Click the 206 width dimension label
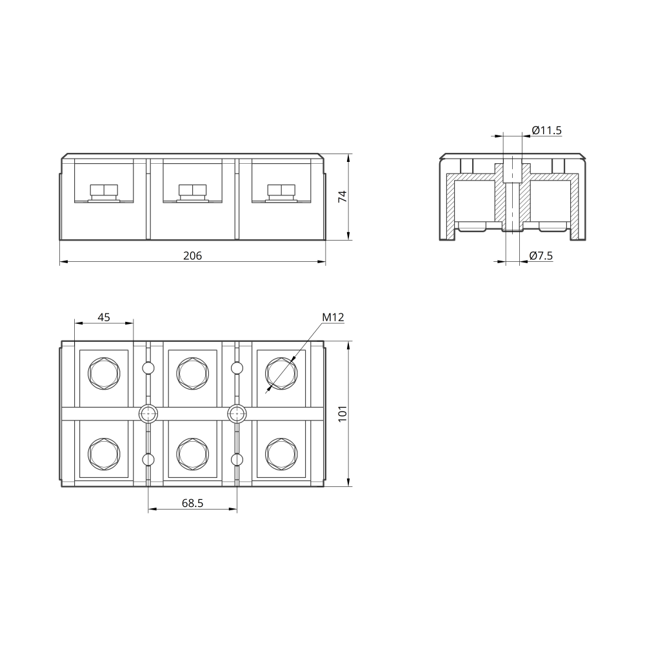click(x=192, y=256)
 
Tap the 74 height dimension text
click(x=342, y=196)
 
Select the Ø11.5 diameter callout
click(x=546, y=130)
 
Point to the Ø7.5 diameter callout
click(x=541, y=256)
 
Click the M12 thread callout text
click(x=333, y=317)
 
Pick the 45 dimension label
click(x=104, y=317)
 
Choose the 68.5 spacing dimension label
click(x=192, y=503)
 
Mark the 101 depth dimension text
click(x=342, y=414)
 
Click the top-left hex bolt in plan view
click(x=104, y=373)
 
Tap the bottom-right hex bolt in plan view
click(x=281, y=454)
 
